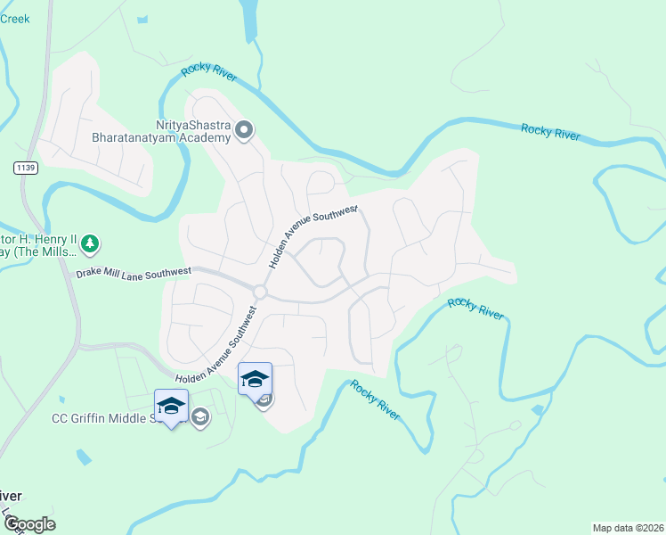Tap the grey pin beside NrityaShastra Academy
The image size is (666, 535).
tap(245, 133)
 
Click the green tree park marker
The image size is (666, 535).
tap(89, 243)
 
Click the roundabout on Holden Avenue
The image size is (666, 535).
tap(260, 292)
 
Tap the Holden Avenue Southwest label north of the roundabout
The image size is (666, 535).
tap(312, 236)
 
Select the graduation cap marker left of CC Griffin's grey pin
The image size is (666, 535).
tap(170, 407)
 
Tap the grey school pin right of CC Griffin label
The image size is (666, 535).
tap(201, 416)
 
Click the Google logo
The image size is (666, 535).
tap(28, 524)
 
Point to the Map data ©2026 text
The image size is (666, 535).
tap(628, 528)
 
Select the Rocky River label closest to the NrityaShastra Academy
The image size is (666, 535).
tap(208, 74)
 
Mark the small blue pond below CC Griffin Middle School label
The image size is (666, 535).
tap(83, 457)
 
